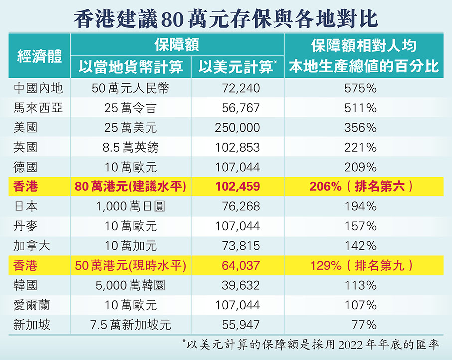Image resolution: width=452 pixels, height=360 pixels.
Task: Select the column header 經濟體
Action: pyautogui.click(x=40, y=56)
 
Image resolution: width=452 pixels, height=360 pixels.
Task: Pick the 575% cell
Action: pyautogui.click(x=360, y=88)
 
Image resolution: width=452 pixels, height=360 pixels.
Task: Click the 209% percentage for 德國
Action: pyautogui.click(x=360, y=167)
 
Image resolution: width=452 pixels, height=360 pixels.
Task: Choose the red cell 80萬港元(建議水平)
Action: pyautogui.click(x=131, y=187)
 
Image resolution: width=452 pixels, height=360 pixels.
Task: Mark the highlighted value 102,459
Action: pyautogui.click(x=237, y=187)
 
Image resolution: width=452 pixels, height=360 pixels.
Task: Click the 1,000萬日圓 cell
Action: pyautogui.click(x=131, y=206)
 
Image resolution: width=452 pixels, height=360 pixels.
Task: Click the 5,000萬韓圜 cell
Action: pyautogui.click(x=131, y=286)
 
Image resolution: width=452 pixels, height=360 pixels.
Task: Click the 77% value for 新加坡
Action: pyautogui.click(x=363, y=325)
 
